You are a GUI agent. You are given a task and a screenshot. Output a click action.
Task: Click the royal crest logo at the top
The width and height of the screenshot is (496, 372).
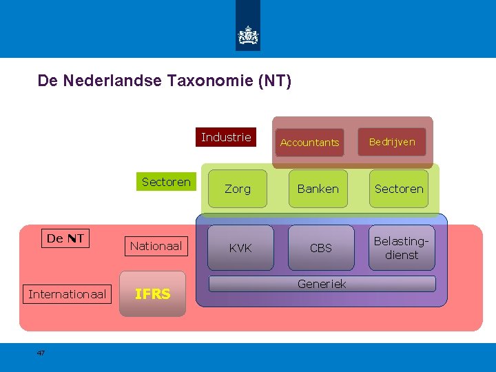248,35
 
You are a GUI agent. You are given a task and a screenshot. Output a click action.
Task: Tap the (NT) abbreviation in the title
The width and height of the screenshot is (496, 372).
275,81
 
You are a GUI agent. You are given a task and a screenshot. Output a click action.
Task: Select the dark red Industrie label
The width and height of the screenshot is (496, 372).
226,138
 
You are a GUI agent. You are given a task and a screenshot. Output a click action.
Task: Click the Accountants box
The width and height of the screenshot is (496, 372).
309,143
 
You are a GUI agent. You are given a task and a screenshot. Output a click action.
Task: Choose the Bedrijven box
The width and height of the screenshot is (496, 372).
392,142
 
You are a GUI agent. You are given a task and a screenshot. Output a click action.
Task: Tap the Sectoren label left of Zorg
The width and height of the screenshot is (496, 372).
165,182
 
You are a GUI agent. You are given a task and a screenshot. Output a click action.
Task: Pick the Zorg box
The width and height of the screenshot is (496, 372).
238,189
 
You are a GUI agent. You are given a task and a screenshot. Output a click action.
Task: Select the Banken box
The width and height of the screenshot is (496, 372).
318,189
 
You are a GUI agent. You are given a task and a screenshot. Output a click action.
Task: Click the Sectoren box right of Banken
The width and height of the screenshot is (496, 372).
399,189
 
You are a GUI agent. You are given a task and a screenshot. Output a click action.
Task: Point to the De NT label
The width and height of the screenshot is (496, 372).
65,238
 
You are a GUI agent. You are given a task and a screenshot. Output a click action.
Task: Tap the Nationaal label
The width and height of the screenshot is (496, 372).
156,245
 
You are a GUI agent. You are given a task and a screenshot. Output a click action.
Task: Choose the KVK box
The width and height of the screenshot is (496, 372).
240,248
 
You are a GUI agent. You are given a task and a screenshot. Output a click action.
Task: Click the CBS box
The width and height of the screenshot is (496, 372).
321,248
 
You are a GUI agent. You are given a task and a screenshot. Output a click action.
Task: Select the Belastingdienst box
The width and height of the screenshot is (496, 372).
402,248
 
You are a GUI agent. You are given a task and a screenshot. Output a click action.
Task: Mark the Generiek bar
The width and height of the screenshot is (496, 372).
322,284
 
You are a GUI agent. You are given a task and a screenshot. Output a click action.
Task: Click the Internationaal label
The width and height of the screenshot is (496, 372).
67,295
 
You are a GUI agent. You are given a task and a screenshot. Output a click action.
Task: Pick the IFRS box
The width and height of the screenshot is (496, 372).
152,294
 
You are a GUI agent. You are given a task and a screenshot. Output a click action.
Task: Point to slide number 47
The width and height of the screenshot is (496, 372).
41,353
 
